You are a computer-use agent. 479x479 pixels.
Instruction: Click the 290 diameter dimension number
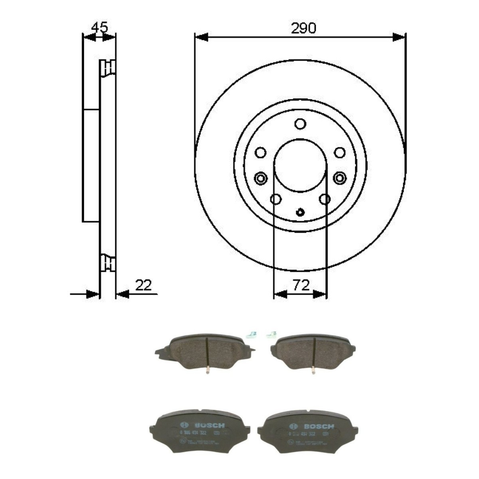pyautogui.click(x=303, y=28)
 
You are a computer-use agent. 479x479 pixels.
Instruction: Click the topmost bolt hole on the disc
pyautogui.click(x=300, y=124)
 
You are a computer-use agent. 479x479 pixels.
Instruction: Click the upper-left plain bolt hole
pyautogui.click(x=261, y=153)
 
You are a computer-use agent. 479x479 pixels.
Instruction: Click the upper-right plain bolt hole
pyautogui.click(x=340, y=153)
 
